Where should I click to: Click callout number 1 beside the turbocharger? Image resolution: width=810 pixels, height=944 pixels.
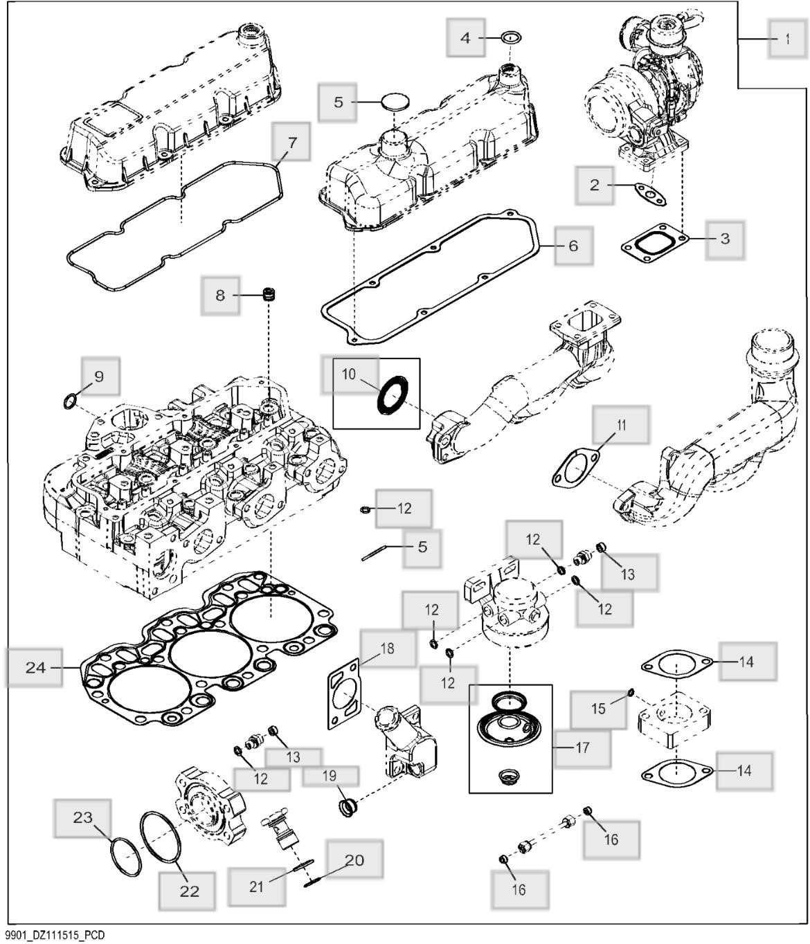(787, 39)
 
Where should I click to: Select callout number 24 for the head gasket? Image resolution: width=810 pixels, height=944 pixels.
(35, 668)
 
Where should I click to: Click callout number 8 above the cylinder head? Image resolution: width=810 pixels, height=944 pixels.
(220, 296)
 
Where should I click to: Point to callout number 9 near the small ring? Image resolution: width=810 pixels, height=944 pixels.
(99, 376)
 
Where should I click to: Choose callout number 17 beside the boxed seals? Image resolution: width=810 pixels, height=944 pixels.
(582, 747)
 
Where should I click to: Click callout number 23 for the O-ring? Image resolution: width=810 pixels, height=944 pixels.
(83, 817)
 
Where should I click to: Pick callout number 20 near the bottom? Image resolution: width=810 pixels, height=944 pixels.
(354, 860)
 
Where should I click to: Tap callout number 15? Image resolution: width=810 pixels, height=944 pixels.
(598, 708)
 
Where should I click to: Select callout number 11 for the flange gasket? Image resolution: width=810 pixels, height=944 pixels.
(621, 425)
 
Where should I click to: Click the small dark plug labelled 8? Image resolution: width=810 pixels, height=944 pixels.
(268, 296)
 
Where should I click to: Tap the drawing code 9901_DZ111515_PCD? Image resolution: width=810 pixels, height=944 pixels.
(53, 936)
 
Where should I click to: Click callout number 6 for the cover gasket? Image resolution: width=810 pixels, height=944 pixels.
(573, 246)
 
